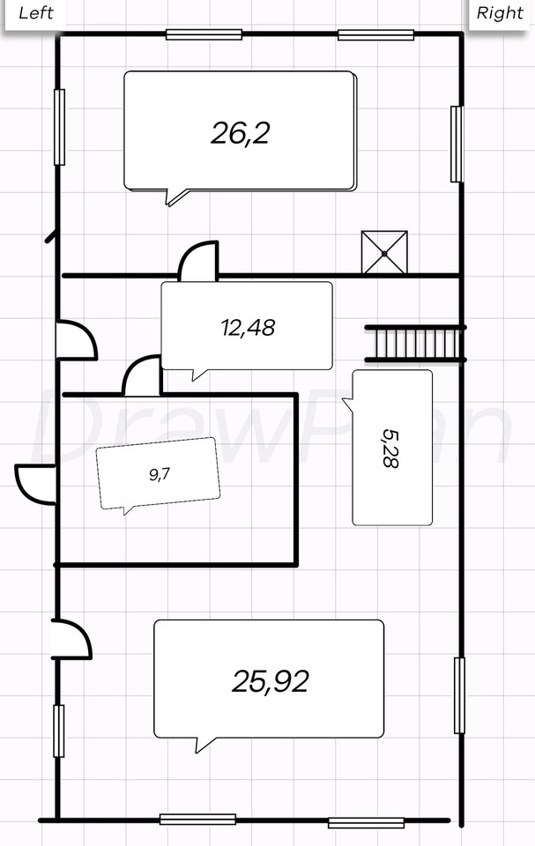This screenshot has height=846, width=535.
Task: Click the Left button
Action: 35,13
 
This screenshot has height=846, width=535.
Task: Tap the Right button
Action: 500,13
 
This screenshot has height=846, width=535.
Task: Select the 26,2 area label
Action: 241,133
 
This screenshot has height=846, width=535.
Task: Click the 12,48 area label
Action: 248,327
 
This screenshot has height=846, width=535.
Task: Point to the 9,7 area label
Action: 159,474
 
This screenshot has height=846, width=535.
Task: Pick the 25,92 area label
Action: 270,681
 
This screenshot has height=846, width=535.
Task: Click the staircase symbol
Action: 415,343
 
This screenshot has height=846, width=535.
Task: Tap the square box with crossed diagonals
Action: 384,253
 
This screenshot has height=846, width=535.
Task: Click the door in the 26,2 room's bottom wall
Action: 198,261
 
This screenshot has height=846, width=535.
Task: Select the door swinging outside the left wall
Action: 35,484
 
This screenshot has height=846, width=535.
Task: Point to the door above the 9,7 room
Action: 142,375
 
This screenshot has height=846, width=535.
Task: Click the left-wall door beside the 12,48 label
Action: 77,340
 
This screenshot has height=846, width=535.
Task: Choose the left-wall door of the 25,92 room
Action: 71,639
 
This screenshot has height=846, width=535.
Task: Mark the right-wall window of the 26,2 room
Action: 457,144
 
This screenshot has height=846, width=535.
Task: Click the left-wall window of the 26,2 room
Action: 59,127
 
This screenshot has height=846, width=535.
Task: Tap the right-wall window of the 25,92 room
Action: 459,695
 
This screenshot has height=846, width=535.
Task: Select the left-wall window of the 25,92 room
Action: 58,731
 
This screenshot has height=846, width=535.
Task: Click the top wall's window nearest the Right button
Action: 376,35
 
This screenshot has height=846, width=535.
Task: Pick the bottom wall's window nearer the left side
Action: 197,820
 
